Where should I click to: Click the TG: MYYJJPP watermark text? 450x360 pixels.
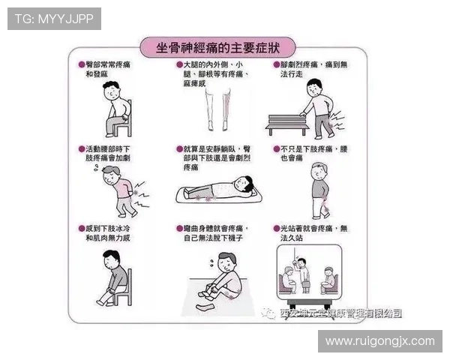[53, 19]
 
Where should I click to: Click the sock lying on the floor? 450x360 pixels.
[205, 305]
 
